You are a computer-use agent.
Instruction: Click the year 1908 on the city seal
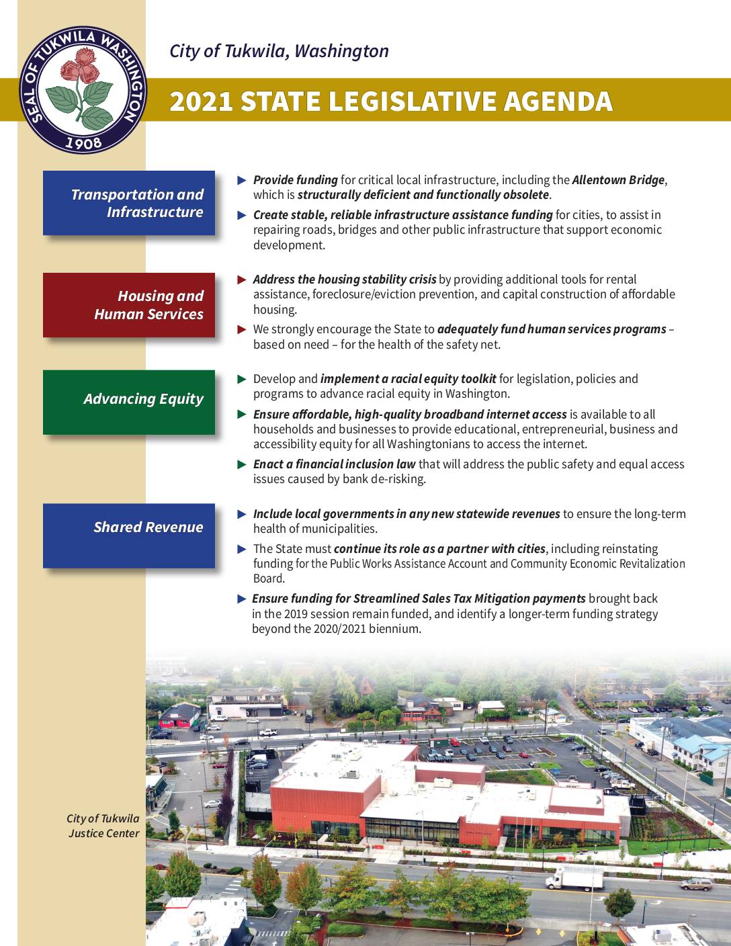(x=84, y=142)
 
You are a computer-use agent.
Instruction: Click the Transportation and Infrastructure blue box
(x=129, y=203)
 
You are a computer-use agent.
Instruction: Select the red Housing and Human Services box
(x=129, y=305)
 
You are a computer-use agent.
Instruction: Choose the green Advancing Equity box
(x=129, y=402)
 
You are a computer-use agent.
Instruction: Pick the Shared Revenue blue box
(x=129, y=535)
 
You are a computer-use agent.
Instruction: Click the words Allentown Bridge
(x=618, y=180)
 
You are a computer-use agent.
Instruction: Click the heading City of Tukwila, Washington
(x=279, y=51)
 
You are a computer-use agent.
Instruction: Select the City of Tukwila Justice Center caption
(x=103, y=826)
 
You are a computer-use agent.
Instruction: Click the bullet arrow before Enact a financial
(x=243, y=464)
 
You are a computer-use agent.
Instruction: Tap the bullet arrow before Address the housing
(x=243, y=279)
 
